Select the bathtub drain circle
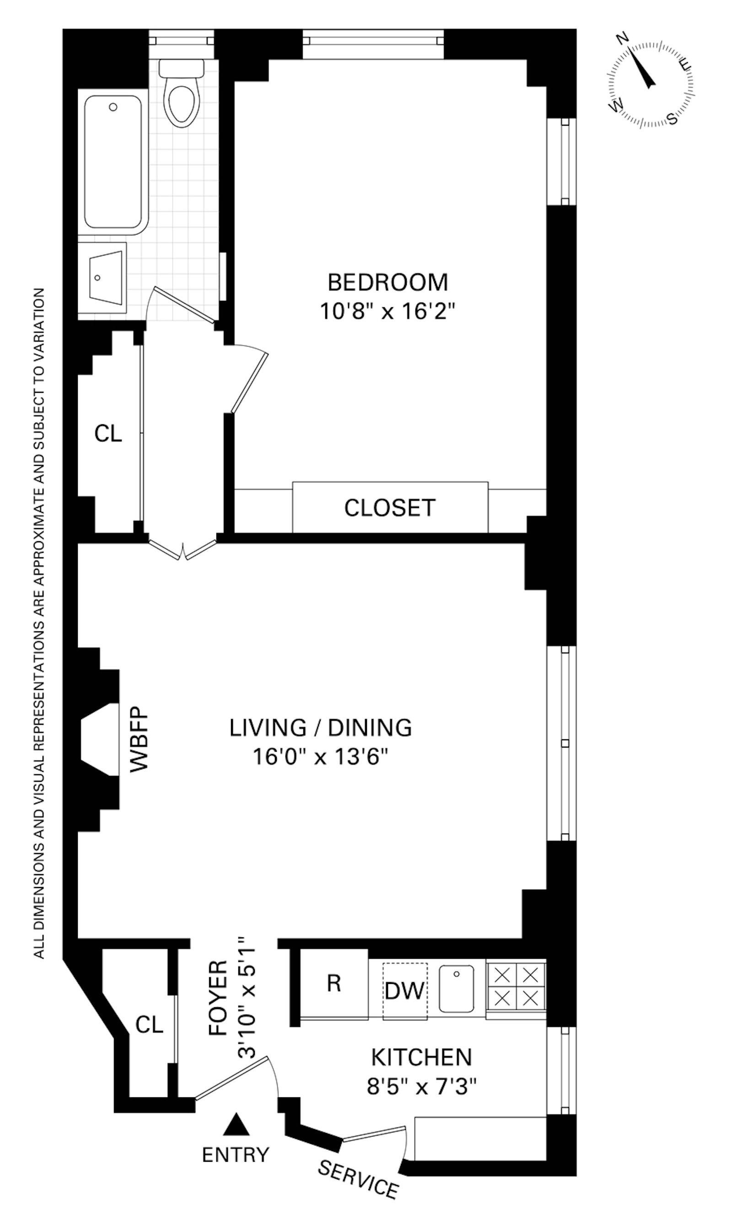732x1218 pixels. click(113, 107)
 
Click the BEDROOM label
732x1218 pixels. click(388, 283)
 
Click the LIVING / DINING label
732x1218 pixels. click(321, 728)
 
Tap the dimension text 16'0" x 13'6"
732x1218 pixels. click(321, 756)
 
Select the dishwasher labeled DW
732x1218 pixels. click(404, 990)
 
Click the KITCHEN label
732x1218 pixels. click(421, 1058)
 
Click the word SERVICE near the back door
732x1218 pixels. click(358, 1173)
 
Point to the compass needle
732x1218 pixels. click(641, 68)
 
